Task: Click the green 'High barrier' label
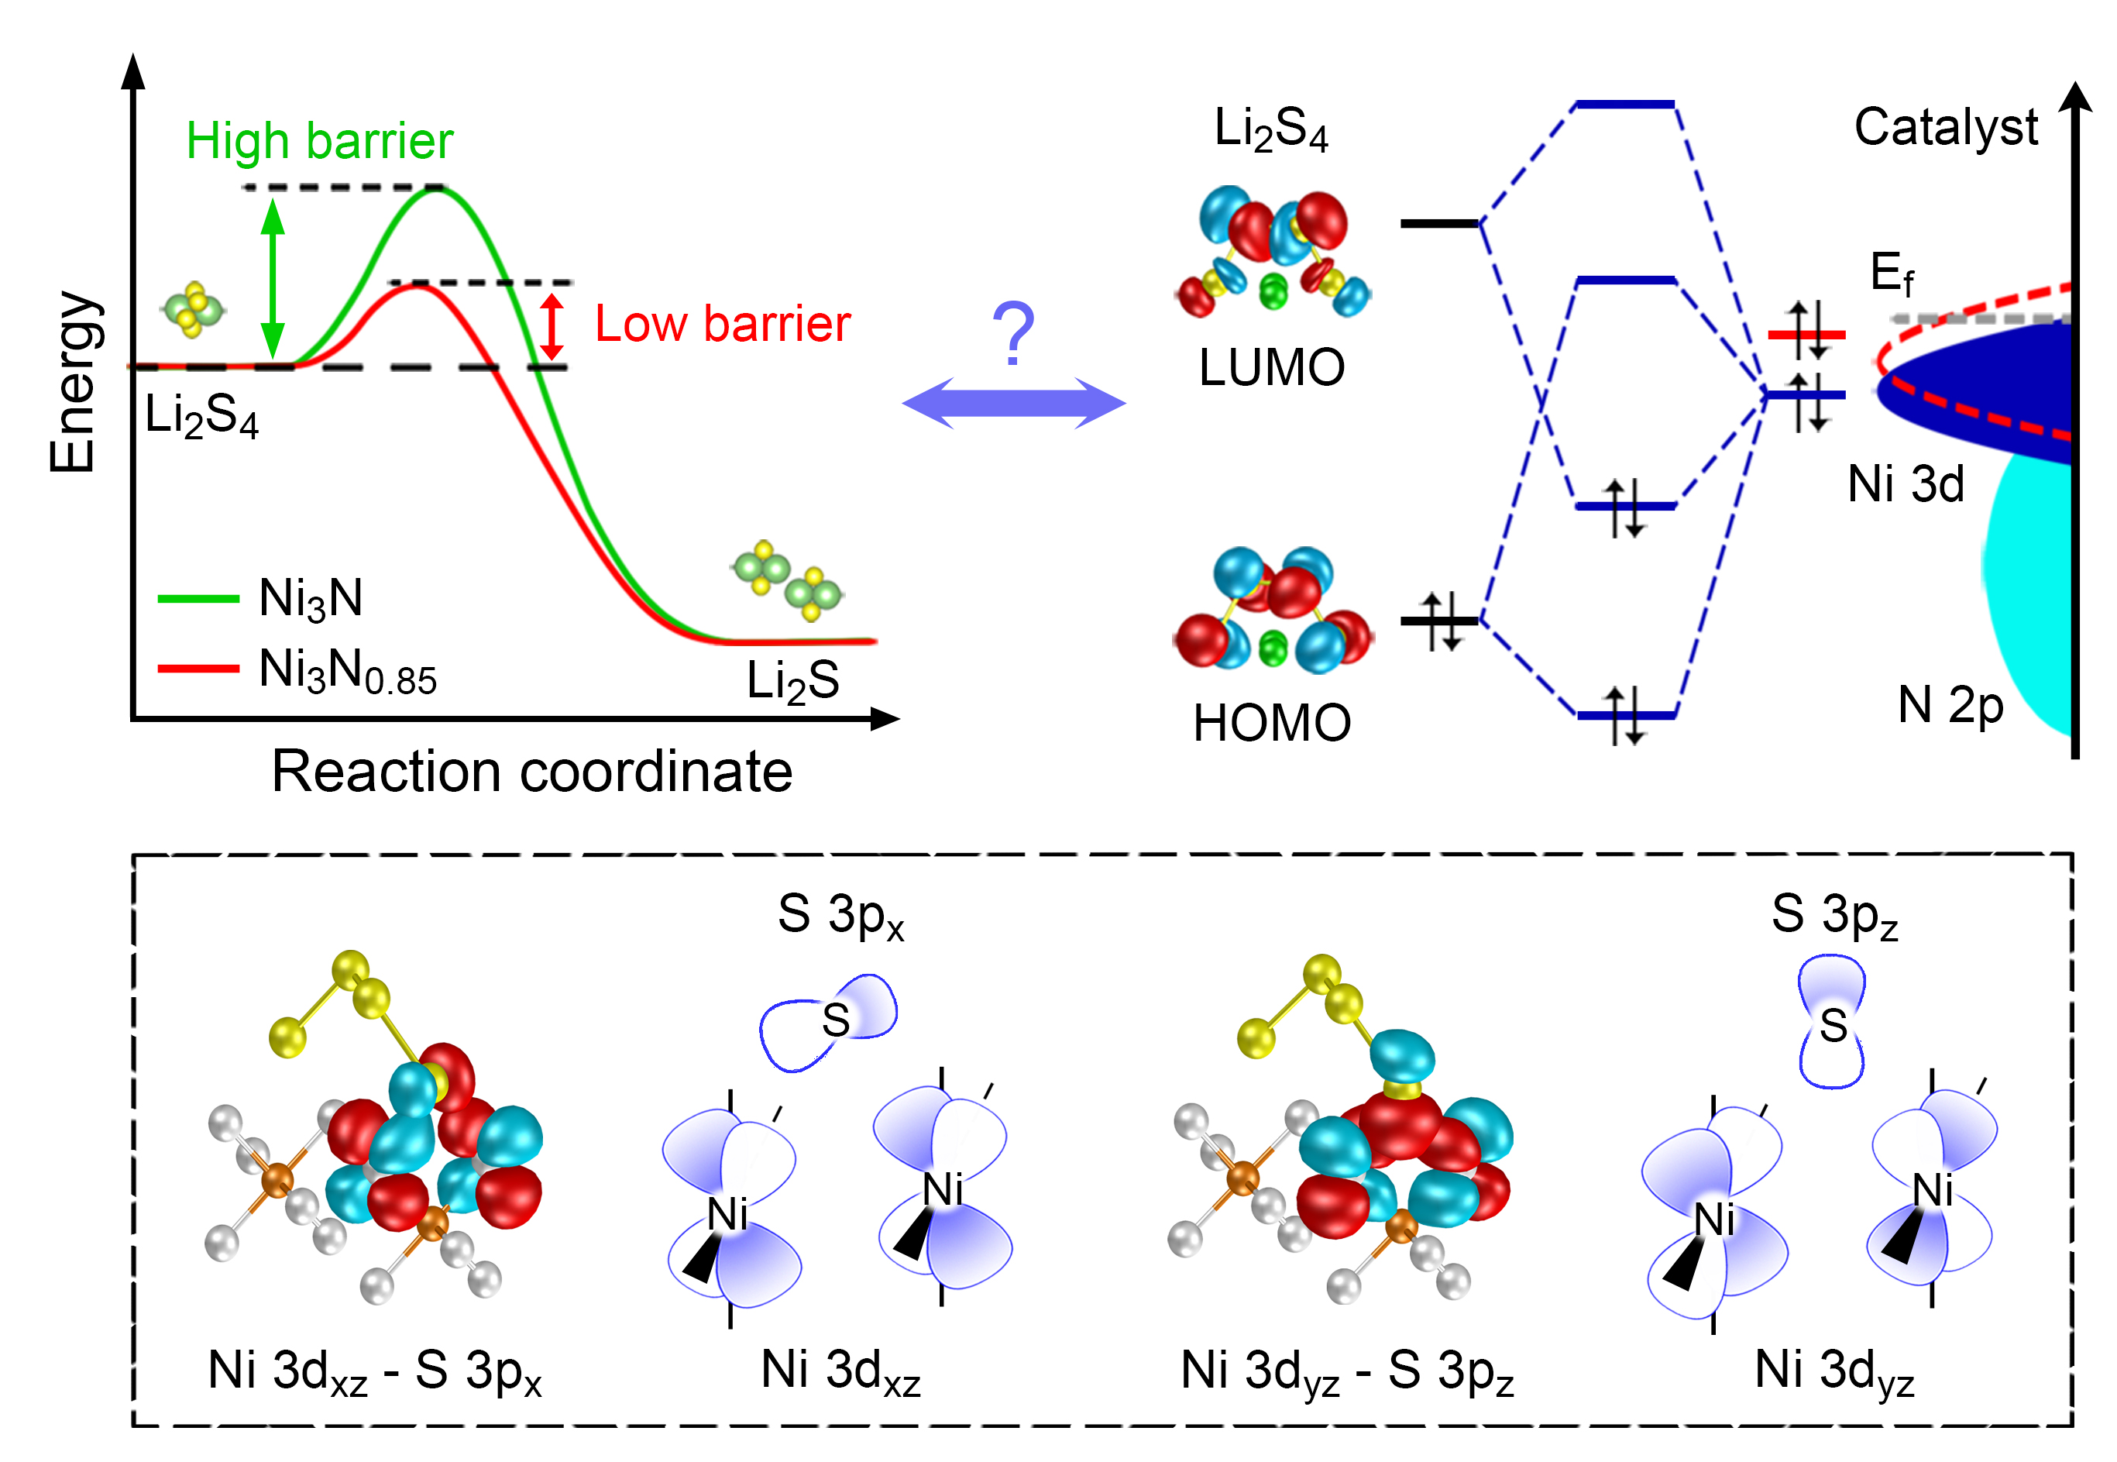point(320,141)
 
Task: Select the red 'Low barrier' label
point(723,325)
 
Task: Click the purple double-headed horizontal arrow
point(1014,403)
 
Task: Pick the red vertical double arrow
point(552,326)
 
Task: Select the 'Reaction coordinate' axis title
point(532,772)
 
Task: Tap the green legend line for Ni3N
point(198,599)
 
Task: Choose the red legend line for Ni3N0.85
point(198,669)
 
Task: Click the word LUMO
point(1272,368)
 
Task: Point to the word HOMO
point(1272,723)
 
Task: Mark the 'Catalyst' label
point(1946,127)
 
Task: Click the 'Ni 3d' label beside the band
point(1906,483)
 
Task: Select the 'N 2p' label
point(1950,705)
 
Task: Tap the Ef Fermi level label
point(1891,274)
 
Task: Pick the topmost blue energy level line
point(1625,105)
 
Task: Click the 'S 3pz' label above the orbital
point(1834,914)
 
